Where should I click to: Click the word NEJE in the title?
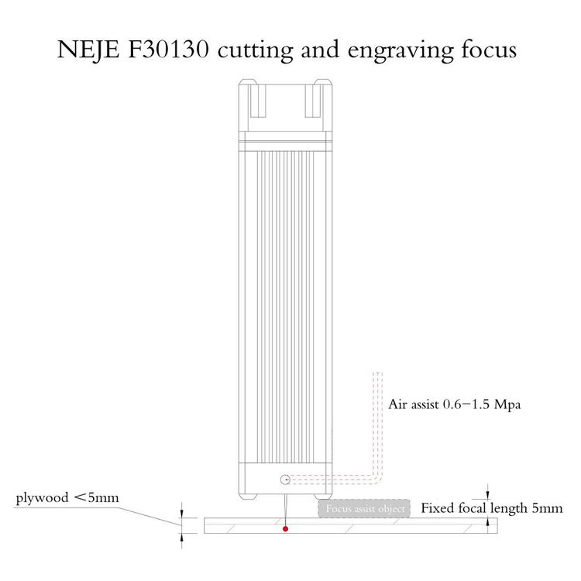pyautogui.click(x=88, y=50)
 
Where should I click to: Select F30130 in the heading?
pyautogui.click(x=168, y=50)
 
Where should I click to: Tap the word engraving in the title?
pyautogui.click(x=401, y=52)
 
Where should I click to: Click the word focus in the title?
pyautogui.click(x=489, y=50)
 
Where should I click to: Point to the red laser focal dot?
pyautogui.click(x=285, y=529)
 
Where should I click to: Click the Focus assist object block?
pyautogui.click(x=364, y=509)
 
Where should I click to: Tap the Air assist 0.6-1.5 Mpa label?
pyautogui.click(x=454, y=404)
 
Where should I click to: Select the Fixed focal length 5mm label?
pyautogui.click(x=492, y=508)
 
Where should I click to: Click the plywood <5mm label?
pyautogui.click(x=67, y=498)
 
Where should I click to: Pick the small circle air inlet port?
pyautogui.click(x=285, y=480)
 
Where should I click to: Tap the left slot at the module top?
pyautogui.click(x=258, y=101)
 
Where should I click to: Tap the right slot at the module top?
pyautogui.click(x=313, y=101)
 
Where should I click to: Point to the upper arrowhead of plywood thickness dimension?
pyautogui.click(x=181, y=514)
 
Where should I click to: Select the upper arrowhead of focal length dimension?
pyautogui.click(x=488, y=496)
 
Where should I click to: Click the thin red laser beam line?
pyautogui.click(x=285, y=511)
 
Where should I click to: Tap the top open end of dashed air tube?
pyautogui.click(x=377, y=373)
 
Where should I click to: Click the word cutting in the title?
pyautogui.click(x=256, y=51)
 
